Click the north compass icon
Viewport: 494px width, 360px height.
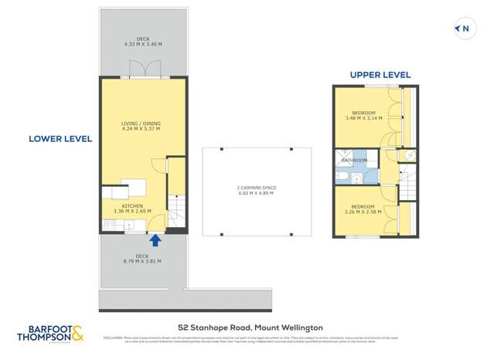(x=463, y=29)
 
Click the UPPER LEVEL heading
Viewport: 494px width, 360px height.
(x=380, y=75)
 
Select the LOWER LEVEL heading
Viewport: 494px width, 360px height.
(x=60, y=139)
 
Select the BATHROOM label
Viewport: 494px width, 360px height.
(x=355, y=161)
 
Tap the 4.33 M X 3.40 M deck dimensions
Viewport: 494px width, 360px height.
(x=143, y=44)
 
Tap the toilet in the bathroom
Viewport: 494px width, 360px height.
(x=342, y=178)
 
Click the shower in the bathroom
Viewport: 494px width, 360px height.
(x=342, y=158)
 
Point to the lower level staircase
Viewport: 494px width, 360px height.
(x=177, y=209)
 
